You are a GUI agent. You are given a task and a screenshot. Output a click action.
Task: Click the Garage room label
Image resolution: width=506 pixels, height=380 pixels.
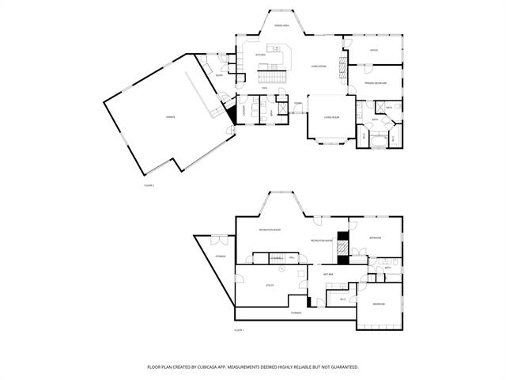coord(170,117)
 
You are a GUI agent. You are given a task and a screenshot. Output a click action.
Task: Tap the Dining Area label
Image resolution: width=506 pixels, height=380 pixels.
coord(281,26)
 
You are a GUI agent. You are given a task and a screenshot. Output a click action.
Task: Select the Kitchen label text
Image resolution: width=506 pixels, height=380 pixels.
coord(259,55)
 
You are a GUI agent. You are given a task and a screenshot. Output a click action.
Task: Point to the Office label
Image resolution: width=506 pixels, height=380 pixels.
coord(373,50)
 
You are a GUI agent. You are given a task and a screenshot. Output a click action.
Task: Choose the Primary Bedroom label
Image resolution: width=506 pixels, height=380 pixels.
coord(375,82)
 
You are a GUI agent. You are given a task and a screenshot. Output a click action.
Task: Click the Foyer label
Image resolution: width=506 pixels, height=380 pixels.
coord(299,103)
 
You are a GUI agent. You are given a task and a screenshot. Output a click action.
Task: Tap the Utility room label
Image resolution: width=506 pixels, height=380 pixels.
coord(270,284)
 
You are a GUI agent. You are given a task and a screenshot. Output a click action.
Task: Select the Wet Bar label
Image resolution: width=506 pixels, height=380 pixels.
coord(327,275)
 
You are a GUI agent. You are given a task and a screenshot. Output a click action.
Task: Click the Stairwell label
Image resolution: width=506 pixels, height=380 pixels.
coord(276,258)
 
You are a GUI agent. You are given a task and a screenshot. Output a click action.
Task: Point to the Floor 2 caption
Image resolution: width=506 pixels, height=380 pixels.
coord(148,185)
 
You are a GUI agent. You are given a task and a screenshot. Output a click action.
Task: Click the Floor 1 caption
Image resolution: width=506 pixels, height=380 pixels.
coord(239,329)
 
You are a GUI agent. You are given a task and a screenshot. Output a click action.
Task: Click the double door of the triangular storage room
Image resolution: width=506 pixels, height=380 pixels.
coord(221,238)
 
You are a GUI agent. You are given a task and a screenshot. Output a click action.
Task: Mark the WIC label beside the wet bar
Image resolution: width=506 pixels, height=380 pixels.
coord(342,298)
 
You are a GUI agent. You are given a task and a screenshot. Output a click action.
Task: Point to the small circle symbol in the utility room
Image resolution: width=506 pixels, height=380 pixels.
coord(300,267)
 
